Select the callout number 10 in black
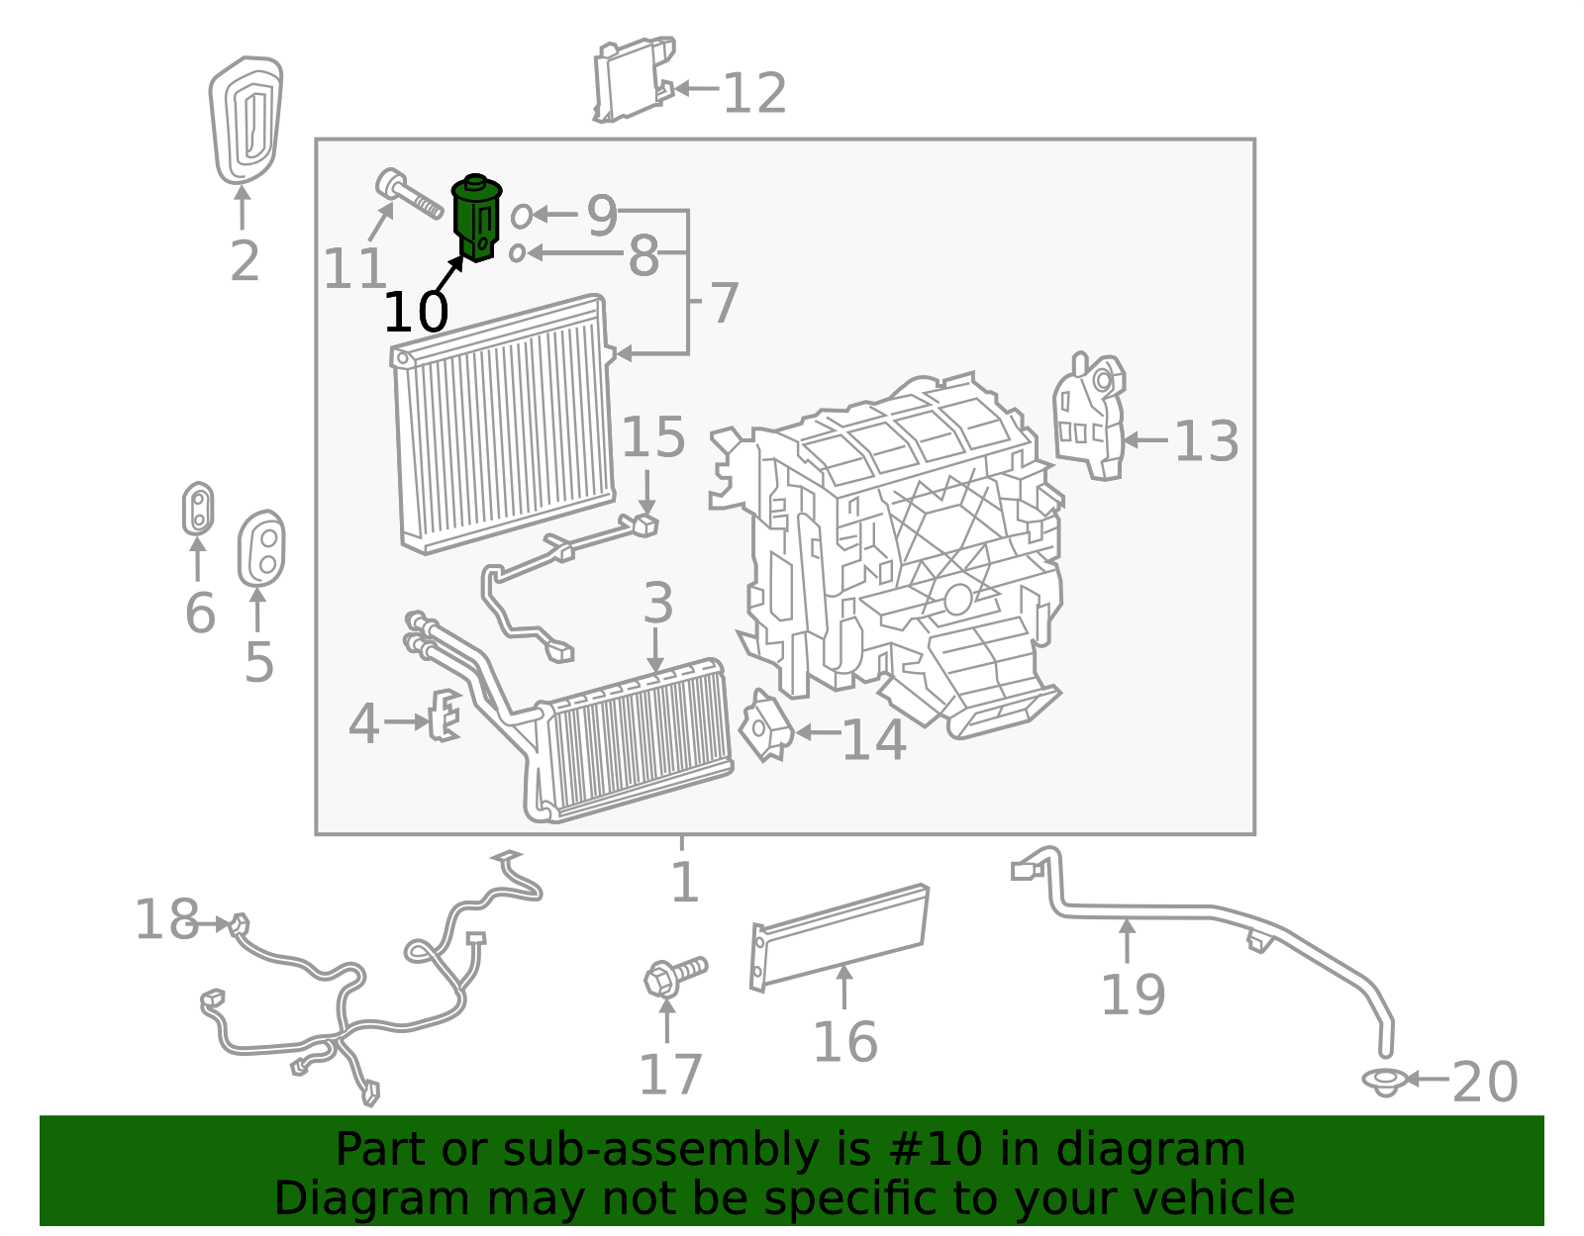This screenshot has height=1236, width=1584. pos(416,313)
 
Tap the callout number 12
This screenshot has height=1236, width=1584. pos(754,94)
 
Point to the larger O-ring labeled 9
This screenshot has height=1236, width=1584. pos(521,215)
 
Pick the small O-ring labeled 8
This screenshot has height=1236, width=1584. pos(517,253)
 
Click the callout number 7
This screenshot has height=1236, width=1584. pos(725,303)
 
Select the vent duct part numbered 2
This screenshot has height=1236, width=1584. pos(245,121)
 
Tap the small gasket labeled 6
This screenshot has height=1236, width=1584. pos(198,509)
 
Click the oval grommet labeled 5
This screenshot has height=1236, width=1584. pos(261,549)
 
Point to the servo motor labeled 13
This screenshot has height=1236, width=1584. pos(1090,416)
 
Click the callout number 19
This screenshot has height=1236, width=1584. pos(1134,995)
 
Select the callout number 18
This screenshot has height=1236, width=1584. pos(166,920)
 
